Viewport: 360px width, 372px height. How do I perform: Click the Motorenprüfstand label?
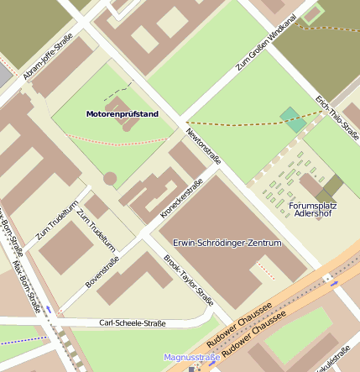[122, 113]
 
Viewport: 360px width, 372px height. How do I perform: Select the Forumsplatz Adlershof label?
[311, 209]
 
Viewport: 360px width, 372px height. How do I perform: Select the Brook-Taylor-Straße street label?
[188, 280]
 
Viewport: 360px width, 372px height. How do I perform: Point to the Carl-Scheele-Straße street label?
[132, 323]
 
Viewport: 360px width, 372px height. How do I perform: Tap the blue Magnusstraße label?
[191, 358]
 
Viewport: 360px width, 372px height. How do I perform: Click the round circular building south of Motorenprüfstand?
[110, 179]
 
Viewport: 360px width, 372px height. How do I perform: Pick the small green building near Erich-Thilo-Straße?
[293, 119]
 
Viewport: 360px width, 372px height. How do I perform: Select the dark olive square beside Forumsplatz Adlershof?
[333, 186]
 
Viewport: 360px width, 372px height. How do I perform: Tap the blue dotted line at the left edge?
[21, 341]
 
